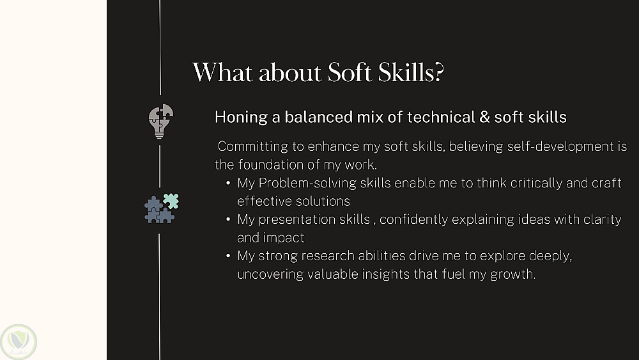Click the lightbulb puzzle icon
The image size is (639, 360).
[x=160, y=121]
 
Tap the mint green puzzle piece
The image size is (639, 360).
[x=171, y=201]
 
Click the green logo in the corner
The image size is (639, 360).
[x=19, y=341]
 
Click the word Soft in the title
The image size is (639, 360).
[x=350, y=72]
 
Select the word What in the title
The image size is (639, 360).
[x=222, y=72]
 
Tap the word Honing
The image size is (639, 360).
[x=241, y=118]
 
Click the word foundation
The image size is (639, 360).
[x=271, y=165]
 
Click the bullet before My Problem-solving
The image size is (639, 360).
[x=228, y=183]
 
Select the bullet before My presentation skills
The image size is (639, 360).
[x=228, y=219]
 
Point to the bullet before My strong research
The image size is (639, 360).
[x=228, y=256]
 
